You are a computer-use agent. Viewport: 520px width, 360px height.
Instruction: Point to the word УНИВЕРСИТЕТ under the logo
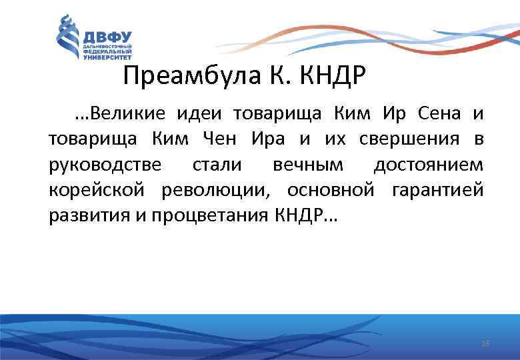point(107,58)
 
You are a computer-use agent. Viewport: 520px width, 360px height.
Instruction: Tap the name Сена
point(439,114)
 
